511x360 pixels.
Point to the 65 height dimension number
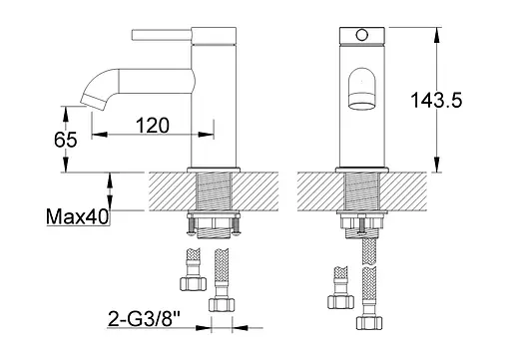coord(67,141)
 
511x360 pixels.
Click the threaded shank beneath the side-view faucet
coord(217,195)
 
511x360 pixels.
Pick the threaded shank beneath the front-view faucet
coord(361,195)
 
